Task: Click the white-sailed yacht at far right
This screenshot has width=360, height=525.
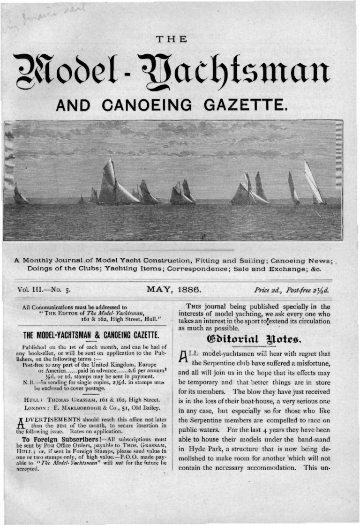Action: coord(315,184)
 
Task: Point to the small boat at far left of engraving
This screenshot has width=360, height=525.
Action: coord(20,195)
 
